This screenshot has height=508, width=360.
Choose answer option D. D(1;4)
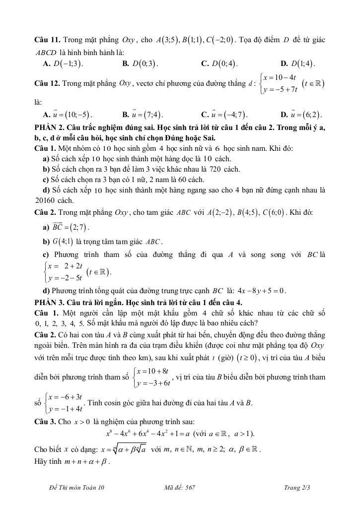pos(297,63)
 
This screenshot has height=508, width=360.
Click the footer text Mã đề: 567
pos(180,488)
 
